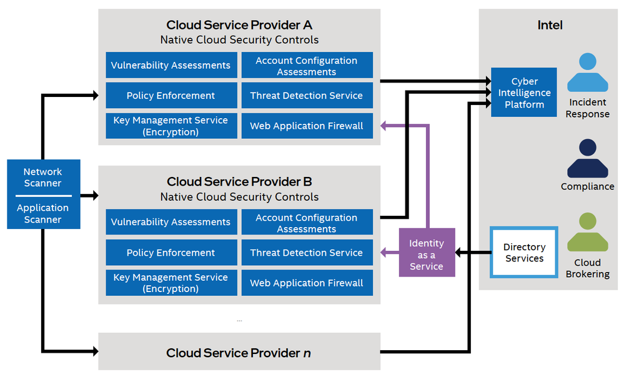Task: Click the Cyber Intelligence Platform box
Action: coord(524,93)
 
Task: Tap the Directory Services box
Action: coord(524,253)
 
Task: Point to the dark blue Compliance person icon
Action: coord(587,159)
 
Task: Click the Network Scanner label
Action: coord(42,177)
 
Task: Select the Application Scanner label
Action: coord(42,213)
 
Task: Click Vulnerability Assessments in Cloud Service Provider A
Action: coord(171,65)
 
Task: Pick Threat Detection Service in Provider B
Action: coord(306,253)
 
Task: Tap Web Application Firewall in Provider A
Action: coord(306,126)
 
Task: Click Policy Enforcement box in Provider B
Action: coord(171,253)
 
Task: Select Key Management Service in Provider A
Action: coord(171,126)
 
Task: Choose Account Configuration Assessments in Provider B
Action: coord(306,223)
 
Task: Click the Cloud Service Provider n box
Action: coord(239,353)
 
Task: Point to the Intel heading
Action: coord(550,25)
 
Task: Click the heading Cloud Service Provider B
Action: coord(239,182)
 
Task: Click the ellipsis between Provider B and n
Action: coord(239,320)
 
